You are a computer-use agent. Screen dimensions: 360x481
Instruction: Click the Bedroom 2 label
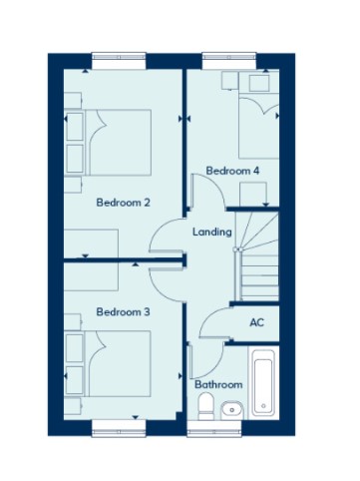click(123, 203)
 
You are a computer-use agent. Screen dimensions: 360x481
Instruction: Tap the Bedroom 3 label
click(123, 312)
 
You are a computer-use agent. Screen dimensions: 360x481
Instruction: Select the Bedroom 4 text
click(232, 171)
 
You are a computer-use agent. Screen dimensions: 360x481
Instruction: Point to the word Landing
click(212, 232)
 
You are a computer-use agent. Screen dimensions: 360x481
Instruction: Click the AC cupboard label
click(257, 322)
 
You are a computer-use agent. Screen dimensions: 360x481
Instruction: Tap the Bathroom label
click(218, 384)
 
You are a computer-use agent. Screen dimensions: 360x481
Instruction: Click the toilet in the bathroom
click(205, 406)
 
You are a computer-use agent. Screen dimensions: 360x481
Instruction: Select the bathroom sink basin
click(232, 410)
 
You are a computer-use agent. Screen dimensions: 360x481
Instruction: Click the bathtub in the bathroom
click(263, 383)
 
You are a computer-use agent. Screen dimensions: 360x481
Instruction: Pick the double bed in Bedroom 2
click(118, 143)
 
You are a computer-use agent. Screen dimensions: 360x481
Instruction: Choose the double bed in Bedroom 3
click(118, 363)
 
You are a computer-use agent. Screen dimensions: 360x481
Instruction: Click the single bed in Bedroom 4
click(258, 128)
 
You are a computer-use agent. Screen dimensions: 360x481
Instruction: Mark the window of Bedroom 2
click(119, 61)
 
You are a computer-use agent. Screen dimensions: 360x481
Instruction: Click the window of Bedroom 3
click(119, 428)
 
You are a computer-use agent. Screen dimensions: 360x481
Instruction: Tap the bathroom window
click(214, 428)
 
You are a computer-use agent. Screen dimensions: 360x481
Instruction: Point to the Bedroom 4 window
click(229, 61)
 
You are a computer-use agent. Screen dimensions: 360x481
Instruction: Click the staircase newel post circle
click(235, 248)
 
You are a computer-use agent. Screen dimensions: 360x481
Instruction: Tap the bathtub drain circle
click(263, 406)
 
